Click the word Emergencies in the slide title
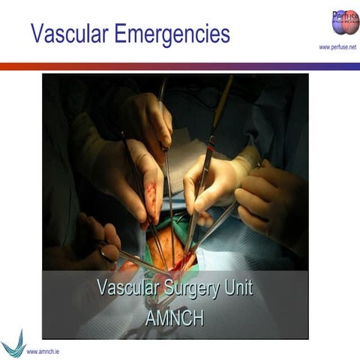(172, 34)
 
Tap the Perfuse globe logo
(344, 22)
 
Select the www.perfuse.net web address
(337, 47)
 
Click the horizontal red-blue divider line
(180, 66)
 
